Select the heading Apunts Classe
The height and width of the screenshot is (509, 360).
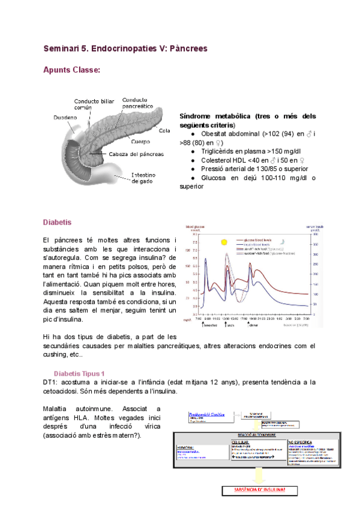tap(71, 70)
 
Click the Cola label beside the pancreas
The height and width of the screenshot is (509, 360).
tap(165, 129)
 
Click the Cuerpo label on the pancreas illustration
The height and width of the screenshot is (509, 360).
tap(141, 142)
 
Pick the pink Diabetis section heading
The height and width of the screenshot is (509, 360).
tap(58, 222)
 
